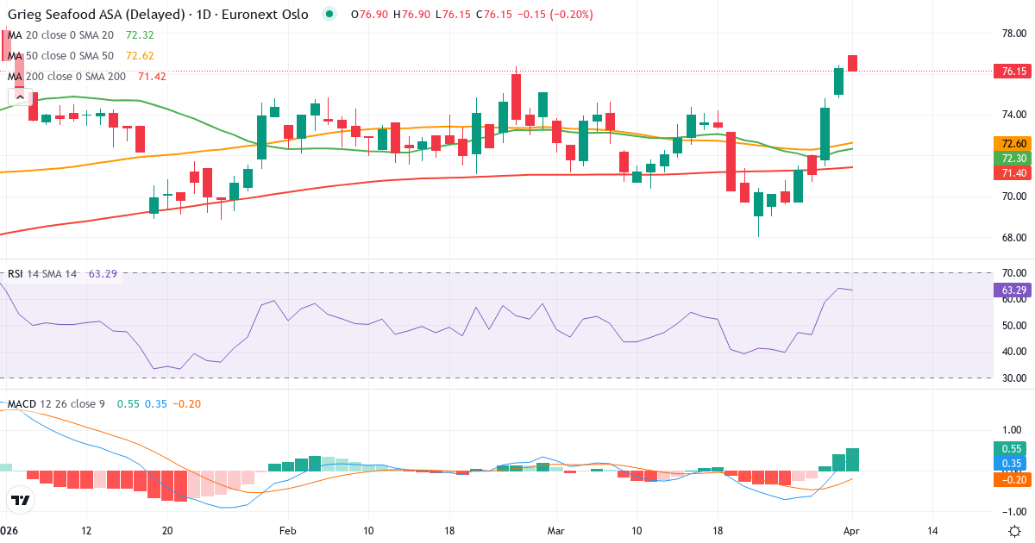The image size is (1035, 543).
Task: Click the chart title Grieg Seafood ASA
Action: [95, 15]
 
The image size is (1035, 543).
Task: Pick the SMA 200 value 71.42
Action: [152, 76]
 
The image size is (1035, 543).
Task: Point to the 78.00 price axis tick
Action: [1008, 33]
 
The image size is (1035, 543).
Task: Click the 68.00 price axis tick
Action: [1008, 238]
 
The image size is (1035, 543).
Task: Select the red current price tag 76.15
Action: [1008, 72]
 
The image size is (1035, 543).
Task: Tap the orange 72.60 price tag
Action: [1008, 143]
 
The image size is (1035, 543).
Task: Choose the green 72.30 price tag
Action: [1008, 158]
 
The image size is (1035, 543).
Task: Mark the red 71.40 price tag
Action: [1008, 173]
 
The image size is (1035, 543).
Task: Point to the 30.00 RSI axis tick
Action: [1008, 378]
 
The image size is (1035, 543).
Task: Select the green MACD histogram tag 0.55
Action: [1008, 448]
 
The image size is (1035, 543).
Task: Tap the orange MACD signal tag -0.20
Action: [1008, 479]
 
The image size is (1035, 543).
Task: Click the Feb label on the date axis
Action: [287, 531]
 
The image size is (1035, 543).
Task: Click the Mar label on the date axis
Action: [555, 531]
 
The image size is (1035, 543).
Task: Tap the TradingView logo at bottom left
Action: [20, 500]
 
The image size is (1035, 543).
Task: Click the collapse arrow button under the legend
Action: [20, 97]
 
